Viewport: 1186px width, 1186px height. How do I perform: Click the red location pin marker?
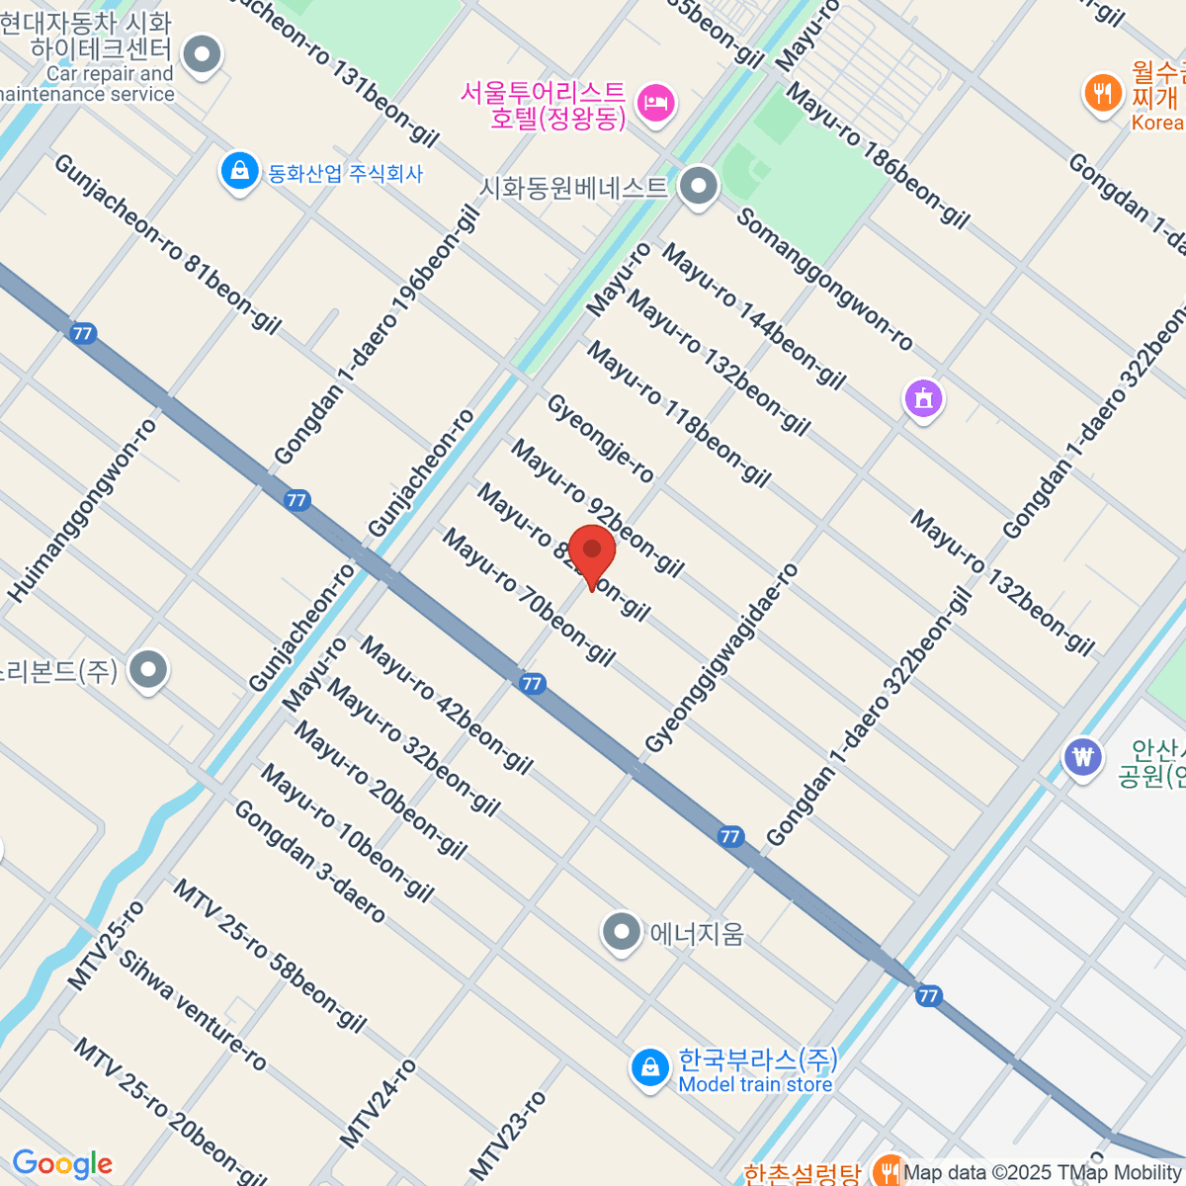[592, 552]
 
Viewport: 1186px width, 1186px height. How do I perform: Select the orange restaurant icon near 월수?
[1102, 94]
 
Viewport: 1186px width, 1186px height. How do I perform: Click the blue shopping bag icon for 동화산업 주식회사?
[239, 172]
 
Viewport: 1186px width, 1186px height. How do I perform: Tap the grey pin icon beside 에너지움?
[622, 931]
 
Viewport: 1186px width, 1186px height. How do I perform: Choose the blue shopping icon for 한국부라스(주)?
[650, 1068]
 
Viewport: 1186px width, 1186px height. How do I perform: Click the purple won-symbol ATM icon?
[1084, 758]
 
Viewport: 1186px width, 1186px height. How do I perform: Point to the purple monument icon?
[924, 399]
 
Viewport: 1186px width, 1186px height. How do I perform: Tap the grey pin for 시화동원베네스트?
[700, 186]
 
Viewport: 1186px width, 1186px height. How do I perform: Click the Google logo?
[62, 1163]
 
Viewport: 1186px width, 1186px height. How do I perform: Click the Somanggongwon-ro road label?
[824, 280]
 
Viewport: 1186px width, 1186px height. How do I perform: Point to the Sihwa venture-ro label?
[193, 1010]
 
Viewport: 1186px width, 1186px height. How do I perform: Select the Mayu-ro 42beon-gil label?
[446, 705]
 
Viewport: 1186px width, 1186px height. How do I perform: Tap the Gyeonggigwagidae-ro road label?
[720, 658]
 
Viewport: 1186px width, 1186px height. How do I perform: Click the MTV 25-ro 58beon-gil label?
[269, 955]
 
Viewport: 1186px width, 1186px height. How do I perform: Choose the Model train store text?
[755, 1084]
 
